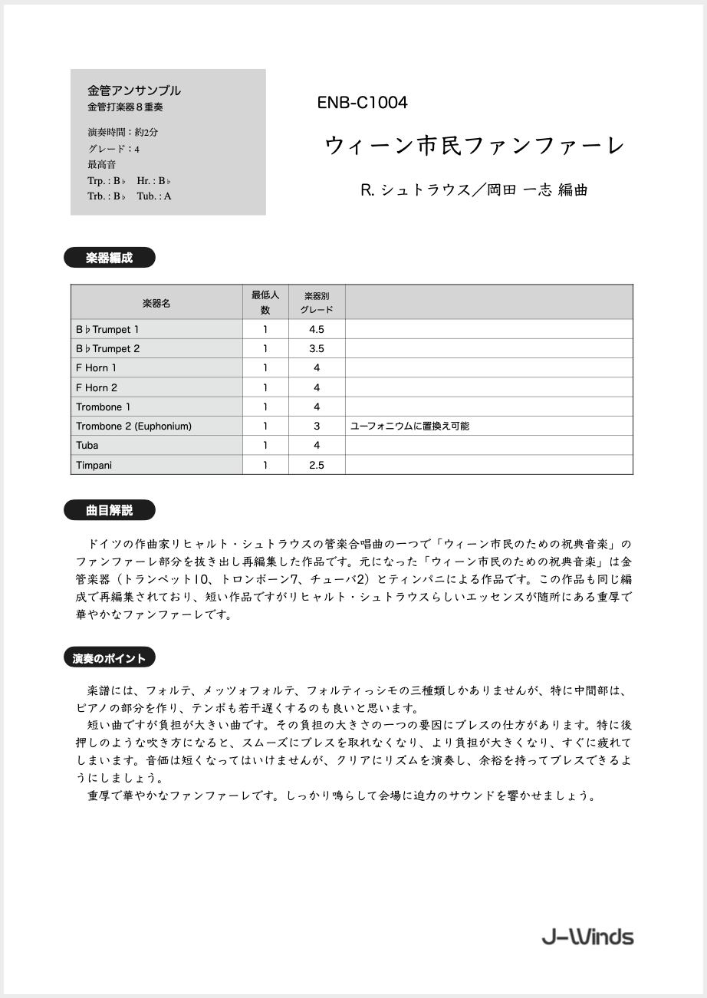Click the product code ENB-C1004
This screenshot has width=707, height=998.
(x=362, y=103)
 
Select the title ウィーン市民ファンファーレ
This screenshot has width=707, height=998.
(x=475, y=145)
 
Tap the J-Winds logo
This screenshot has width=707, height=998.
(x=587, y=937)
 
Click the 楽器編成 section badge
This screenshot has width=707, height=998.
(x=109, y=258)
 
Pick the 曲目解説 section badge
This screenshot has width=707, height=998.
(x=109, y=510)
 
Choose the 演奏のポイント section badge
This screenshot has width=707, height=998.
(x=109, y=657)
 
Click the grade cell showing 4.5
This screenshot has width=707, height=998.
(x=316, y=329)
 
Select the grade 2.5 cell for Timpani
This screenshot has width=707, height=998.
(x=316, y=465)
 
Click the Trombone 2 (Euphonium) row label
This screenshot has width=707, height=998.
(x=133, y=426)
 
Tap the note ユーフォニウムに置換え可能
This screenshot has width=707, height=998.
(x=409, y=426)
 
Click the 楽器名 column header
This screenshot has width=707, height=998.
(x=156, y=303)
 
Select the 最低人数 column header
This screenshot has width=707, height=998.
(x=265, y=302)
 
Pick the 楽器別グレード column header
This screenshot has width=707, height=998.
(x=316, y=302)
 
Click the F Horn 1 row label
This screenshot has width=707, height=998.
(x=97, y=367)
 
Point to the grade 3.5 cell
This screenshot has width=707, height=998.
(x=316, y=348)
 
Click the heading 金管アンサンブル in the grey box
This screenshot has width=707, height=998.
(x=134, y=91)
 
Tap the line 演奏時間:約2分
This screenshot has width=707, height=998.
(x=123, y=132)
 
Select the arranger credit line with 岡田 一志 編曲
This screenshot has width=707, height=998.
(x=474, y=190)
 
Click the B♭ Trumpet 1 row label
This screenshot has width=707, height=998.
(x=107, y=329)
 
